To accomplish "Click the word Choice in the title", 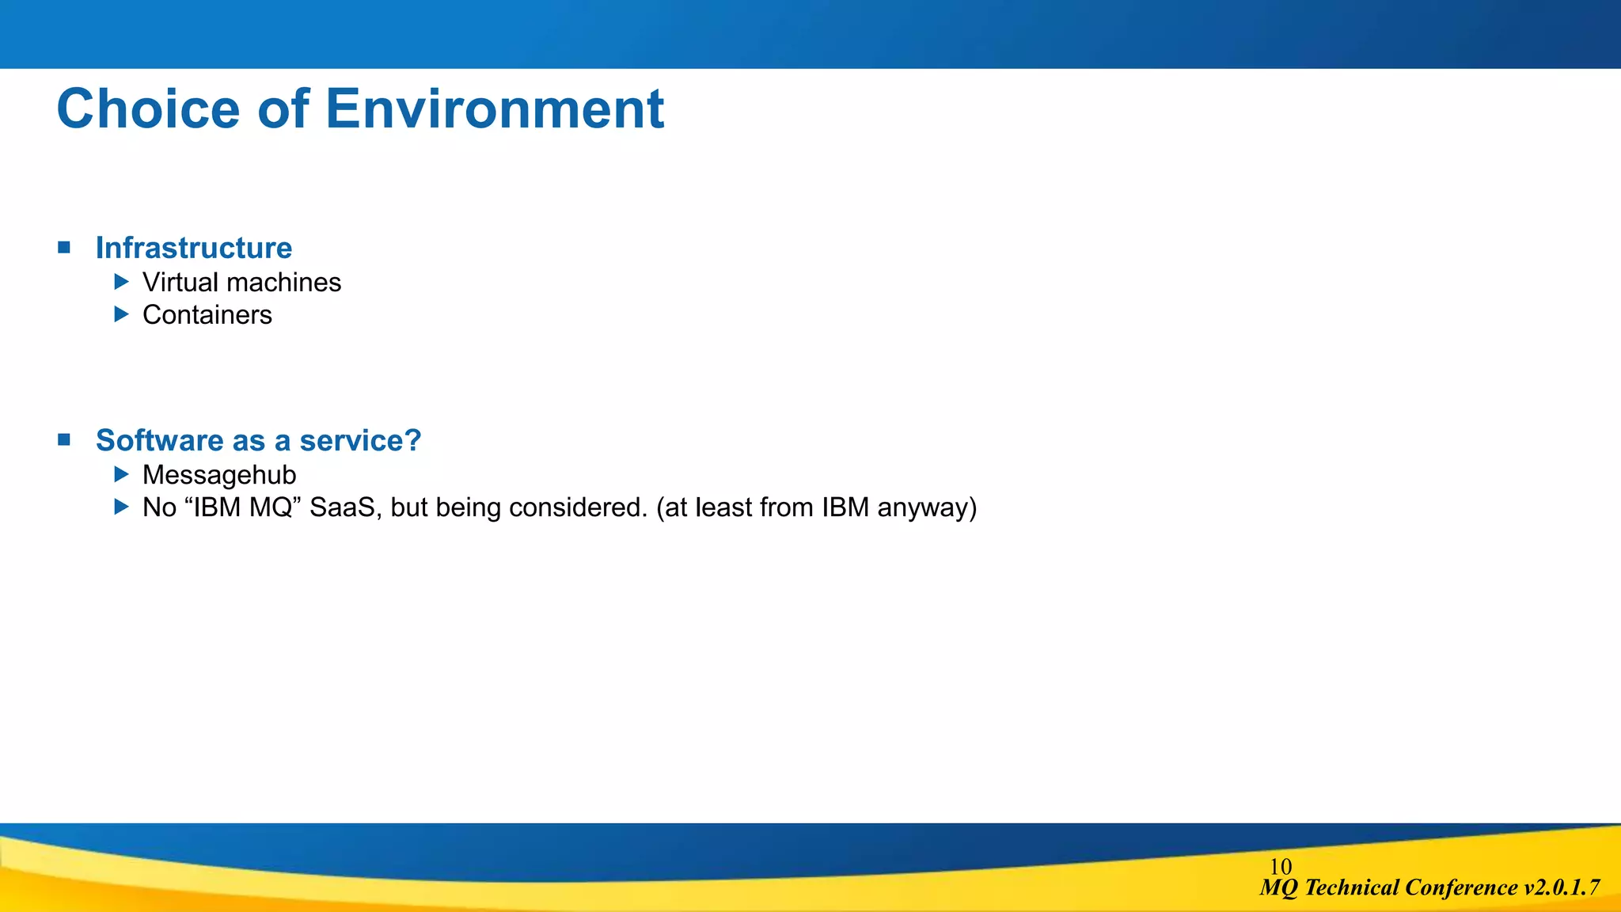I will coord(148,109).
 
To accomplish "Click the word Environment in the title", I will coord(495,109).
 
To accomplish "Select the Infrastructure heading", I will coord(194,248).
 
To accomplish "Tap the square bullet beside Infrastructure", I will coord(64,248).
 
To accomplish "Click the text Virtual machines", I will coord(241,283).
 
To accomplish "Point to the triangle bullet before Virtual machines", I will coord(121,282).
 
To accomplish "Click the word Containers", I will coord(207,315).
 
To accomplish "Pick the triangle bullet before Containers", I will coord(121,314).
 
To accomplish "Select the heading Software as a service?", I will coord(258,440).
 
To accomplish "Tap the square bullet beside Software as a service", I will coord(64,439).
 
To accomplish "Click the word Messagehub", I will coord(219,475).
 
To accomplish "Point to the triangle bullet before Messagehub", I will coord(121,474).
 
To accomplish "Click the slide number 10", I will coord(1280,867).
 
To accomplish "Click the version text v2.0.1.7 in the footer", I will coord(1561,887).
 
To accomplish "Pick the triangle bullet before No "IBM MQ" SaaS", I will coord(121,507).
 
